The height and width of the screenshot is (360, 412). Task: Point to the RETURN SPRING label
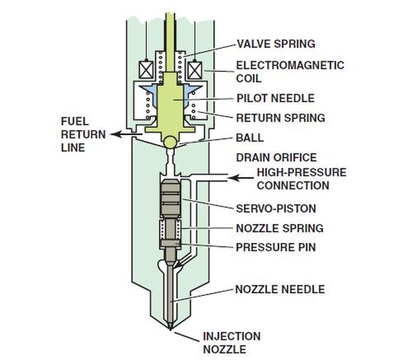point(280,118)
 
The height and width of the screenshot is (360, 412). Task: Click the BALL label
point(250,139)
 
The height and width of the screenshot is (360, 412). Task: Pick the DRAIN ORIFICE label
point(276,158)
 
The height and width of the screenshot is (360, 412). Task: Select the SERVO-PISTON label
point(275,208)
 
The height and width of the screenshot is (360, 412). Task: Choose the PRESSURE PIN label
point(275,247)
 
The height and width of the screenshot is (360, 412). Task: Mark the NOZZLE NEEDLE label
point(280,289)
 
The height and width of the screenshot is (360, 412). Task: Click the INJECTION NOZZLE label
point(231,342)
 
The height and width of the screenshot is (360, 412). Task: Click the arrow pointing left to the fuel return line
point(123,135)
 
